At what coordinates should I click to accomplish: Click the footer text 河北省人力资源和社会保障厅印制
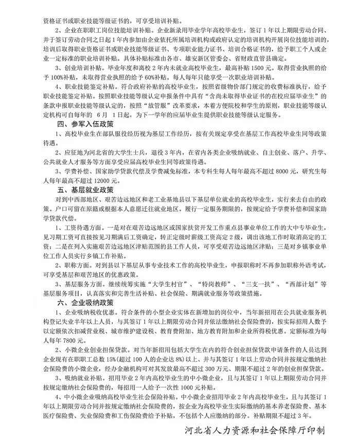tap(263, 431)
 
